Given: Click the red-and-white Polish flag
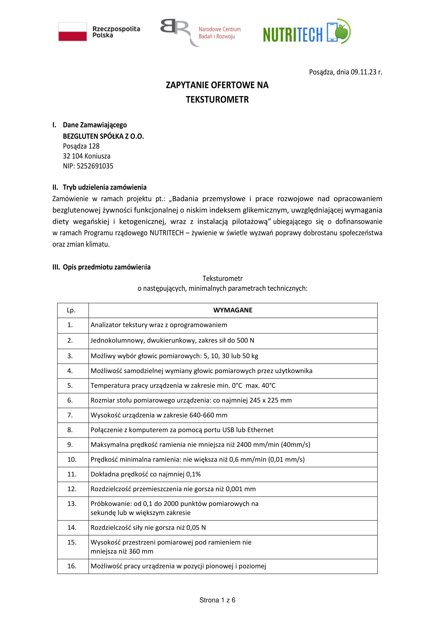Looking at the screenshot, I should point(73,32).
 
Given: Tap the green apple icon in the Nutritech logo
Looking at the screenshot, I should point(342,31).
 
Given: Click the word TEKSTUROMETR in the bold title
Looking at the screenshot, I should point(217,100).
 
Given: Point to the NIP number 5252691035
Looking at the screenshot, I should point(95,166).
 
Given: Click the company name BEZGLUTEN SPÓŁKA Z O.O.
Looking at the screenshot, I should point(103,136).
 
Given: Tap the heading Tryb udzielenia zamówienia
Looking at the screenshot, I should point(105,187).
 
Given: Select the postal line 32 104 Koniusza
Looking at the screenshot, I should point(86,156).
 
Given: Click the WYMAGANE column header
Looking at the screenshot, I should point(233,310).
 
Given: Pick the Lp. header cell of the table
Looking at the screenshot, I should point(71,310).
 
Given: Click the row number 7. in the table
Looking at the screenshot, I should point(70,415).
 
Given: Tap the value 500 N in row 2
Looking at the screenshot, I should point(245,341).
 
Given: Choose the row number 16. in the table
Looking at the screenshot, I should point(72,566).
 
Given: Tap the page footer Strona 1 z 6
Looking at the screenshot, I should point(217,600).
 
